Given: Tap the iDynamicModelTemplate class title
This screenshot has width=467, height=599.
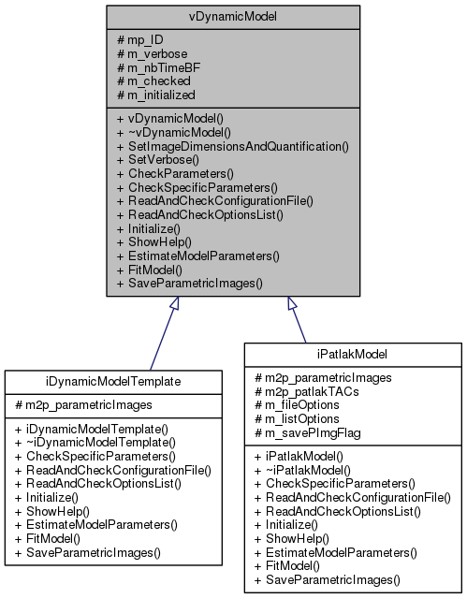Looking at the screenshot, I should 112,381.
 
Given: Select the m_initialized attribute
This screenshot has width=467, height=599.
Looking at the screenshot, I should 160,95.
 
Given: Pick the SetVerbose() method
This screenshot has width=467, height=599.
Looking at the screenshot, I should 156,160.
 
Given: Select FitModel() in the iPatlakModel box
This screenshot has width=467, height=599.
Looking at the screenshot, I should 291,567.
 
